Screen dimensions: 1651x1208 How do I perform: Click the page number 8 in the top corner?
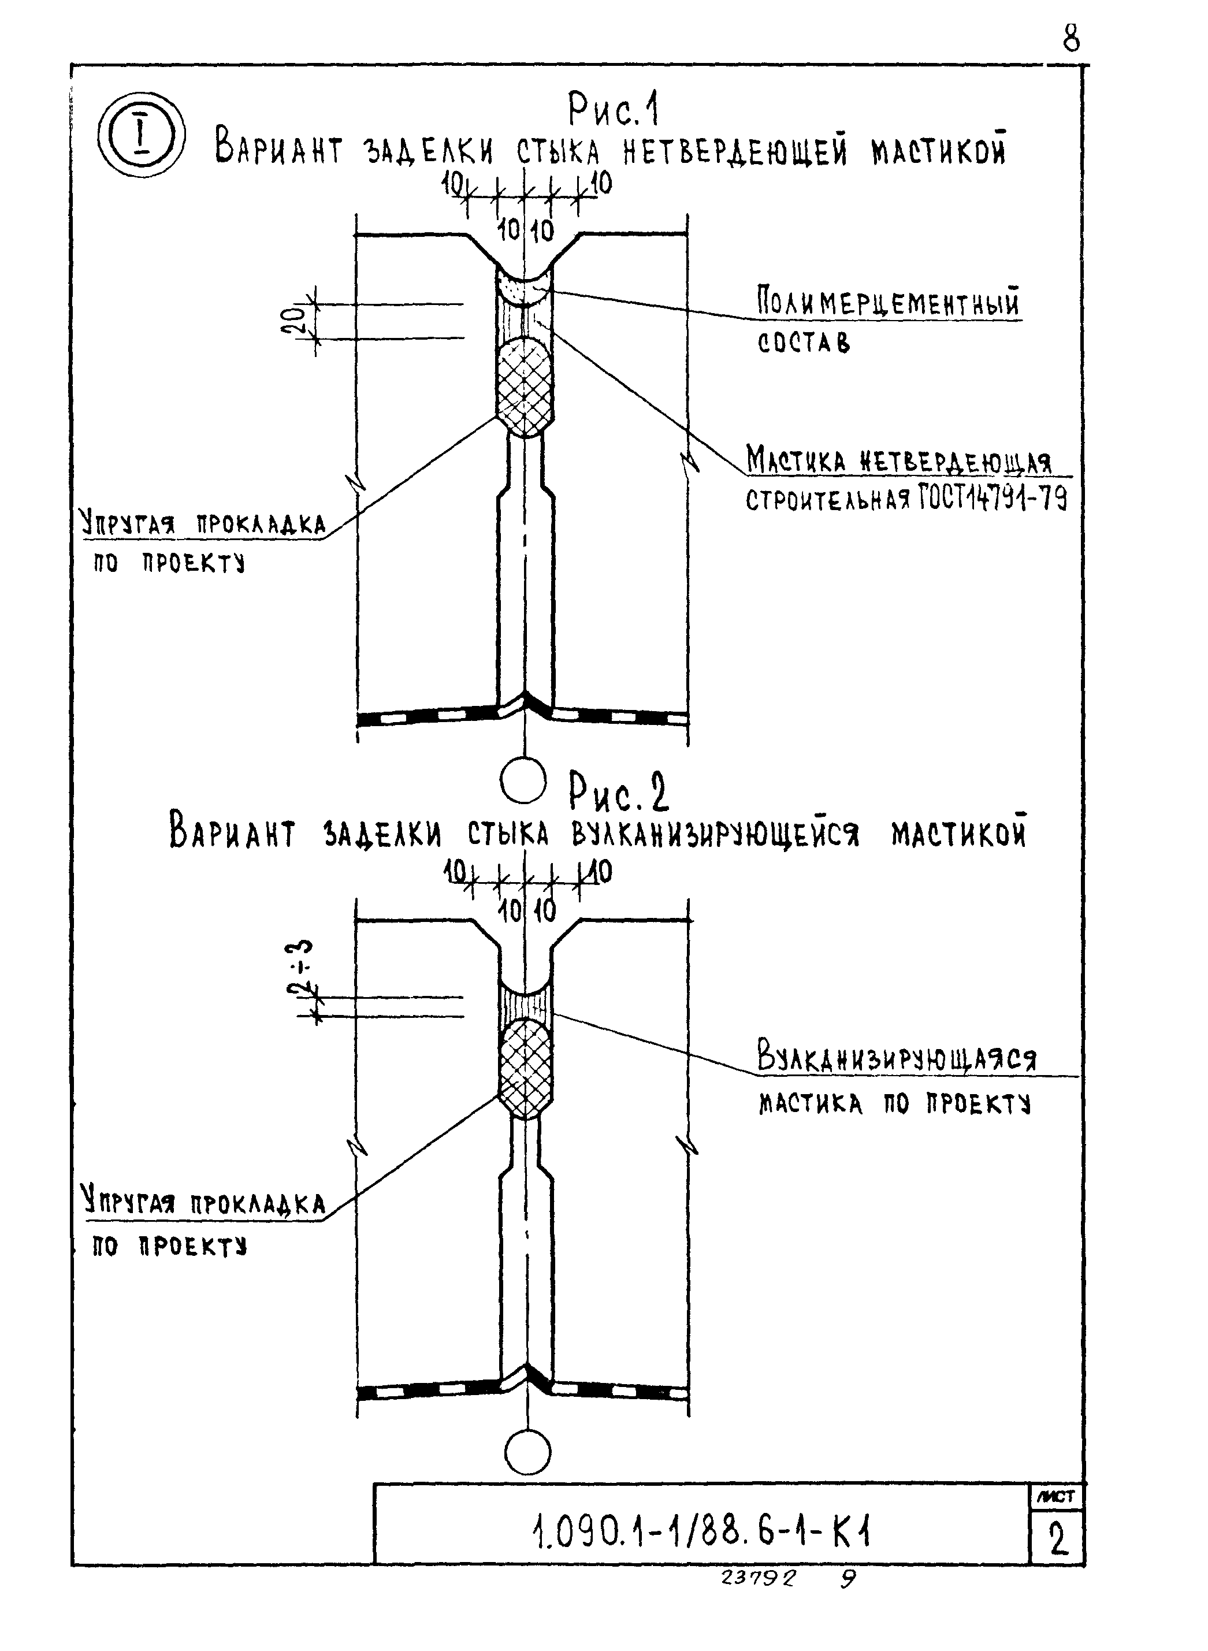1071,38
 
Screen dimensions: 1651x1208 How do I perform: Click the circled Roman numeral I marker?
140,135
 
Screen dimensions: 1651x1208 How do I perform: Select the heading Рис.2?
619,794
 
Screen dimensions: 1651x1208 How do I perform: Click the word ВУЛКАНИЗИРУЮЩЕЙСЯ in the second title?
715,834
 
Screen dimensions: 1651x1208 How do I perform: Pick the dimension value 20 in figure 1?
292,320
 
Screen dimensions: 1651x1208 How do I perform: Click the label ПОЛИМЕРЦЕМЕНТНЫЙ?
888,303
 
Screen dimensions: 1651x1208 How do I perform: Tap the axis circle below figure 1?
523,781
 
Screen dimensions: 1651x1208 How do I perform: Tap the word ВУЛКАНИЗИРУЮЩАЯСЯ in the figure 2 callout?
897,1057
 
